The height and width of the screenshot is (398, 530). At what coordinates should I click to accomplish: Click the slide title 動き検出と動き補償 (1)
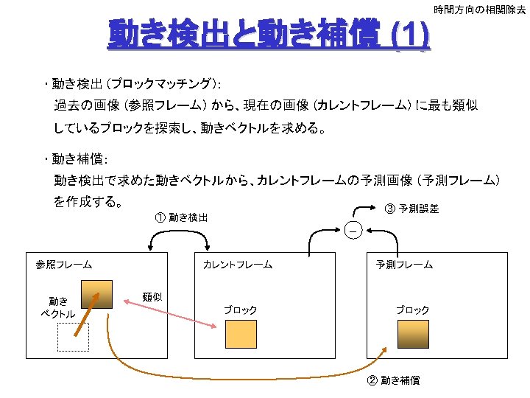pyautogui.click(x=269, y=34)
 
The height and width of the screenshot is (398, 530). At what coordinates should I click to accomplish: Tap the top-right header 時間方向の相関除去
pyautogui.click(x=480, y=10)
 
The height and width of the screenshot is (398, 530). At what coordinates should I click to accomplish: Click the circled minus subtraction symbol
pyautogui.click(x=353, y=231)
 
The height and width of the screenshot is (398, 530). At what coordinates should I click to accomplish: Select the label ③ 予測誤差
pyautogui.click(x=411, y=209)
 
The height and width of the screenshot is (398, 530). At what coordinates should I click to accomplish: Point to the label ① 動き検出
pyautogui.click(x=182, y=217)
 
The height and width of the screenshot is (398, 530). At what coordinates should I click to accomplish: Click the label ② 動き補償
pyautogui.click(x=393, y=380)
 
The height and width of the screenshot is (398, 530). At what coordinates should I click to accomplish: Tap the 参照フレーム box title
pyautogui.click(x=64, y=265)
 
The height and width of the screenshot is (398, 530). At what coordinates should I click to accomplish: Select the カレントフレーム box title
pyautogui.click(x=238, y=265)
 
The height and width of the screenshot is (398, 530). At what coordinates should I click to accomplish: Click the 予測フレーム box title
pyautogui.click(x=404, y=265)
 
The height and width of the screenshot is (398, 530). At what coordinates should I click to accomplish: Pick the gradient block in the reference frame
pyautogui.click(x=96, y=294)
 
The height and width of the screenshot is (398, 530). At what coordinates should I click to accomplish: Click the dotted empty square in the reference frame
pyautogui.click(x=74, y=337)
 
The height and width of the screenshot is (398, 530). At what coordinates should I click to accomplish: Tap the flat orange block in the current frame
pyautogui.click(x=241, y=334)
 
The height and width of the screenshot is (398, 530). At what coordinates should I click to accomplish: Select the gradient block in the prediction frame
pyautogui.click(x=413, y=334)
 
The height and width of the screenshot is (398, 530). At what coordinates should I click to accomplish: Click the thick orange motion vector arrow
pyautogui.click(x=87, y=315)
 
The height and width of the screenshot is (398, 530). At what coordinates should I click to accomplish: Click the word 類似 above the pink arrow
pyautogui.click(x=152, y=297)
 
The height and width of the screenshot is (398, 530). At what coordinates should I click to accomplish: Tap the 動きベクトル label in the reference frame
pyautogui.click(x=58, y=307)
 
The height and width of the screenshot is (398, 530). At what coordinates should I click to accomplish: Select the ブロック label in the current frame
pyautogui.click(x=241, y=310)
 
